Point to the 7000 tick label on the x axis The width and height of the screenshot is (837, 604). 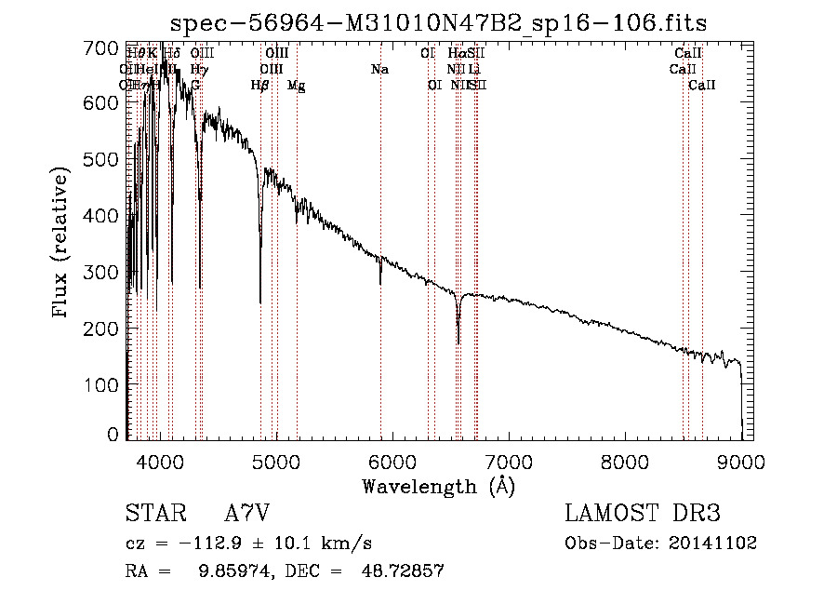click(x=508, y=462)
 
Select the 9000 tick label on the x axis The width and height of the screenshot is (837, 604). click(x=740, y=462)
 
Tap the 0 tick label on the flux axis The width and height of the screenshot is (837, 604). click(x=113, y=435)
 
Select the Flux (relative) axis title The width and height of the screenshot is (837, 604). click(x=62, y=244)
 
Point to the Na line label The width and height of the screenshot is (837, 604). click(x=379, y=70)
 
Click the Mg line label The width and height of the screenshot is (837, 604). click(x=296, y=86)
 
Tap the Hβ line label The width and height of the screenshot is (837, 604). click(x=260, y=86)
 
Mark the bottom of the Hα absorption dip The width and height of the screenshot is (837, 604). click(x=458, y=342)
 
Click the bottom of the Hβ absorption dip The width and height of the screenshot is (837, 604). click(x=260, y=302)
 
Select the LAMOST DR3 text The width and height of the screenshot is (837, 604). click(x=643, y=514)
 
